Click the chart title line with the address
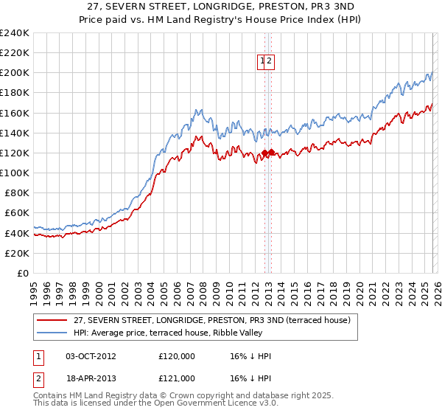220,6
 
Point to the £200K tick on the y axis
15,73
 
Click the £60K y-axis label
17,213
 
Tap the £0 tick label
24,273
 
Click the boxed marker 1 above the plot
262,62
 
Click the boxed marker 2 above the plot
270,62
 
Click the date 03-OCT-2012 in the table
91,356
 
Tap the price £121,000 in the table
177,380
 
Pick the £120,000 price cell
177,356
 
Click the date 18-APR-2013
91,380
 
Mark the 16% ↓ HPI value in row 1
250,356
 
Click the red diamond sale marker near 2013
271,153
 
